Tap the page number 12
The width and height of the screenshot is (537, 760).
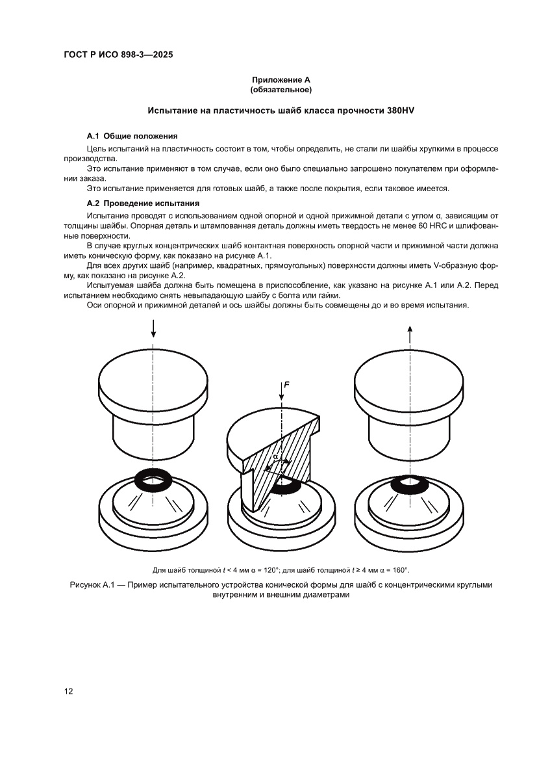point(68,691)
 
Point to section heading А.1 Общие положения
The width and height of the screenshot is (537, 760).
point(132,136)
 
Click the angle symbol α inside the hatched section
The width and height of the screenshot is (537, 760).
point(275,456)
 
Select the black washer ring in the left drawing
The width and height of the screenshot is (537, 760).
point(153,480)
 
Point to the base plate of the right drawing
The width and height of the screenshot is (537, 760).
point(410,524)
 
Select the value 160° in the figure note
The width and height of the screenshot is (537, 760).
point(398,570)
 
